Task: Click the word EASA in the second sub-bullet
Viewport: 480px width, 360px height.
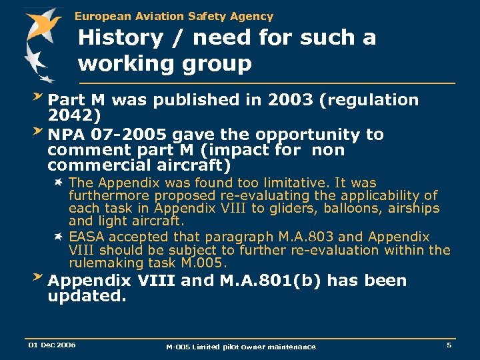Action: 87,237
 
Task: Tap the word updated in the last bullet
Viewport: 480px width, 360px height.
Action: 87,296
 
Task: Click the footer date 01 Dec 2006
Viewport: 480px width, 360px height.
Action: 51,345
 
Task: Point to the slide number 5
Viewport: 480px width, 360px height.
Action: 449,345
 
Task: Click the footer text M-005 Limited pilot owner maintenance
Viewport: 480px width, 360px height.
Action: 241,347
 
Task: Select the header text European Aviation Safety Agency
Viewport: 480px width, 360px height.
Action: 173,16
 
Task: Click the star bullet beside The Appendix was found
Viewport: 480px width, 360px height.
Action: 59,182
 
